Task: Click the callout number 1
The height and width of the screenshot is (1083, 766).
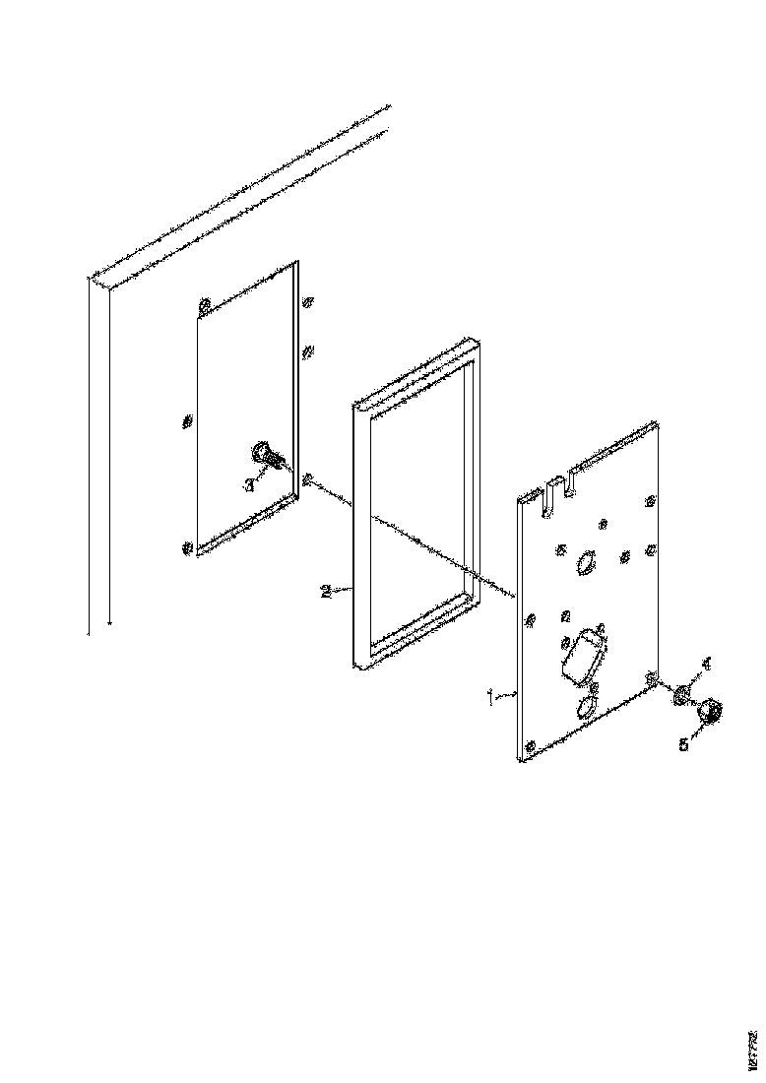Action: [491, 695]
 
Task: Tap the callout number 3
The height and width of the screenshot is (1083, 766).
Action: [249, 484]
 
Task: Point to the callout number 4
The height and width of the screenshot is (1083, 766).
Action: [705, 663]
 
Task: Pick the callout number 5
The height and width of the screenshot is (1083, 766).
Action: [683, 745]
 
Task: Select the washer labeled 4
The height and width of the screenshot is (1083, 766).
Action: [680, 696]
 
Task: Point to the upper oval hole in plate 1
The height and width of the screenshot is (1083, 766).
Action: [585, 562]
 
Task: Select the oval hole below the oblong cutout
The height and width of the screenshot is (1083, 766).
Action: [586, 708]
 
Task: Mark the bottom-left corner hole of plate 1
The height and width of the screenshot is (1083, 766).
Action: [531, 747]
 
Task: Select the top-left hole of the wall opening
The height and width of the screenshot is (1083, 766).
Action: [204, 306]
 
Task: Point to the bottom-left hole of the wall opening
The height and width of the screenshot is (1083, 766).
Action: [188, 546]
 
